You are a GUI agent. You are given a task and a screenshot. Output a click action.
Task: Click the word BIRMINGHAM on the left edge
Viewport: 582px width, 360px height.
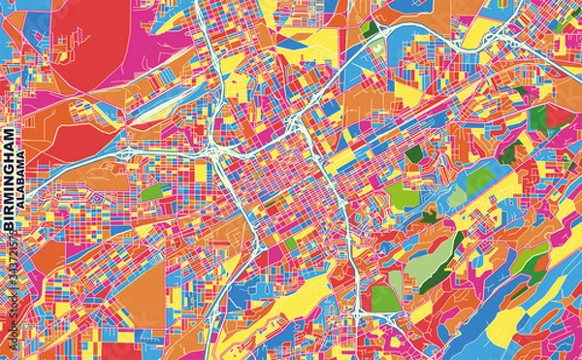(x=10, y=179)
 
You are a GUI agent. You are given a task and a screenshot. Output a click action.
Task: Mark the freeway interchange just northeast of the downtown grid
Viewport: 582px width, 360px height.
(x=297, y=123)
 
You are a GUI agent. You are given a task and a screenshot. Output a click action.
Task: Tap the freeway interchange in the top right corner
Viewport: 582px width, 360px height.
(x=500, y=39)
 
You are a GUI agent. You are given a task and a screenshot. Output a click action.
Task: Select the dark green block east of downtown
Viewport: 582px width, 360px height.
(x=414, y=153)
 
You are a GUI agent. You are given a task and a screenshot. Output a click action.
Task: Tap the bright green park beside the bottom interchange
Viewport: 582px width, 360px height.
(x=386, y=291)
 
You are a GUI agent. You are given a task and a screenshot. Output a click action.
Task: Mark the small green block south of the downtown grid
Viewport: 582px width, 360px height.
(x=290, y=244)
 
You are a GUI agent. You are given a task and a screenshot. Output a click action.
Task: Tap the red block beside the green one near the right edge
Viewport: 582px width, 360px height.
(x=558, y=118)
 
